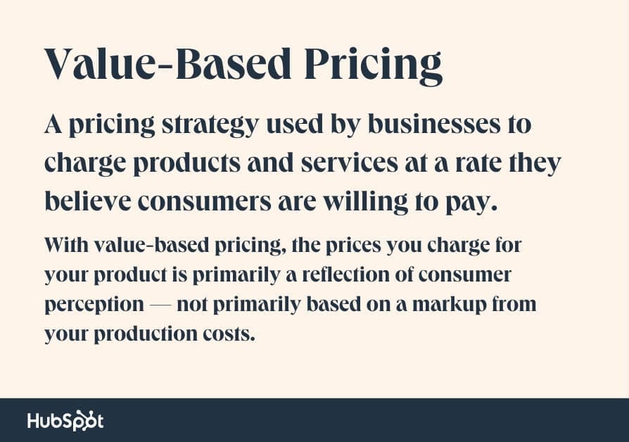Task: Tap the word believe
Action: pyautogui.click(x=87, y=201)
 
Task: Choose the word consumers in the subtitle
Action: pyautogui.click(x=222, y=201)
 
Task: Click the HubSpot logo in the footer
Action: pyautogui.click(x=65, y=420)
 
